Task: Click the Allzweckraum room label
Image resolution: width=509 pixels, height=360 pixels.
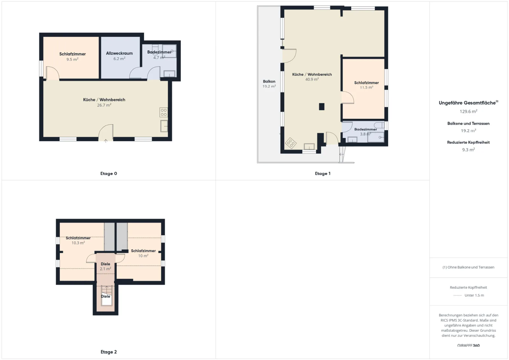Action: pos(119,53)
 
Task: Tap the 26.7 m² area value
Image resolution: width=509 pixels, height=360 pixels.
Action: pos(104,105)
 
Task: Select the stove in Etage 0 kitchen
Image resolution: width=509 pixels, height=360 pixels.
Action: pos(164,112)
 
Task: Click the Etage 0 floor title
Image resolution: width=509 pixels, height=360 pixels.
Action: pos(108,173)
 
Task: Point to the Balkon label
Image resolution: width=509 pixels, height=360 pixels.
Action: pos(269,81)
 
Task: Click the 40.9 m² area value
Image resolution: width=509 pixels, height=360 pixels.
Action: pos(312,79)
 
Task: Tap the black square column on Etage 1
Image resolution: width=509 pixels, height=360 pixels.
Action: pos(322,106)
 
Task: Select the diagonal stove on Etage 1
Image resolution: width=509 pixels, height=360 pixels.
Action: pos(291,143)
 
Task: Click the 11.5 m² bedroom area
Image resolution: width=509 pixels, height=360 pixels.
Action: pos(366,87)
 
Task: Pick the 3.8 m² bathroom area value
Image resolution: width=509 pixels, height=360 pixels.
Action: pos(366,134)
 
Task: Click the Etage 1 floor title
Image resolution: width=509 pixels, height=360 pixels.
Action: pos(323,173)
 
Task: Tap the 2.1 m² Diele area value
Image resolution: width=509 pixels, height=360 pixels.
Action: pos(105,269)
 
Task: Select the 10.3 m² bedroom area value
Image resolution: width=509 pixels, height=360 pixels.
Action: pos(78,243)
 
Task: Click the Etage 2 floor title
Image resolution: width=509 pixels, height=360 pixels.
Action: pos(108,352)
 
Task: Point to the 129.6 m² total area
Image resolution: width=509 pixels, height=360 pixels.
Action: pos(468,111)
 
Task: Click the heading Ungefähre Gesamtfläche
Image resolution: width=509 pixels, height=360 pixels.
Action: pos(467,103)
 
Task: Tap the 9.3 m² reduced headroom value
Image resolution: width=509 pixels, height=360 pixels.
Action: pos(468,150)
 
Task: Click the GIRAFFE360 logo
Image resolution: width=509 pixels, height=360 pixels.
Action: pos(468,345)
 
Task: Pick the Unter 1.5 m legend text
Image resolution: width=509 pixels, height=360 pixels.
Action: pos(474,295)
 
